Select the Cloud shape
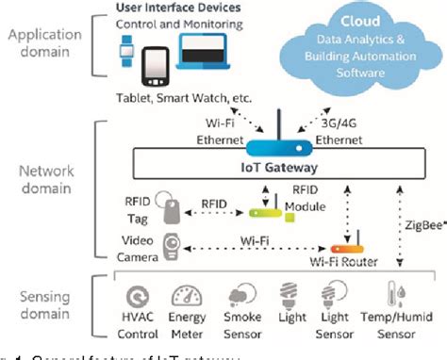pos(361,47)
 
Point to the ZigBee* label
pos(418,227)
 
